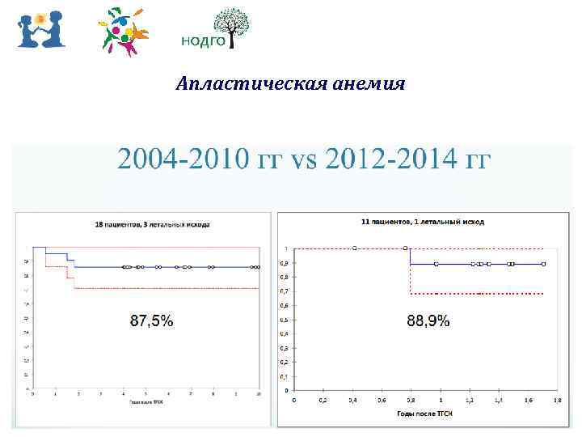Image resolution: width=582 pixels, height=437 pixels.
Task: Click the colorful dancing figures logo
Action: [123, 32]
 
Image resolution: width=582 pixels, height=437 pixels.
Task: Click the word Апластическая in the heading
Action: [239, 85]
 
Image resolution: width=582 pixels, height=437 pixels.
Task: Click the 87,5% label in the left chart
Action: [151, 321]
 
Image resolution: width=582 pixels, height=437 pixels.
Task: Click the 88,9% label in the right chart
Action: [428, 321]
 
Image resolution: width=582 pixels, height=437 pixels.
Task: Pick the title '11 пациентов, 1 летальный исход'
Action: [422, 220]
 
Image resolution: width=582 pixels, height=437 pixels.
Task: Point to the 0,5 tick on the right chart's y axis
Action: [283, 320]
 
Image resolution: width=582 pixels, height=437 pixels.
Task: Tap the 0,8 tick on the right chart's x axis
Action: [410, 400]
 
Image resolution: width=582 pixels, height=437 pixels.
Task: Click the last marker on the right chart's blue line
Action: [544, 264]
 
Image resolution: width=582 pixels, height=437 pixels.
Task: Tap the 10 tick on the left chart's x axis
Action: [258, 393]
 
